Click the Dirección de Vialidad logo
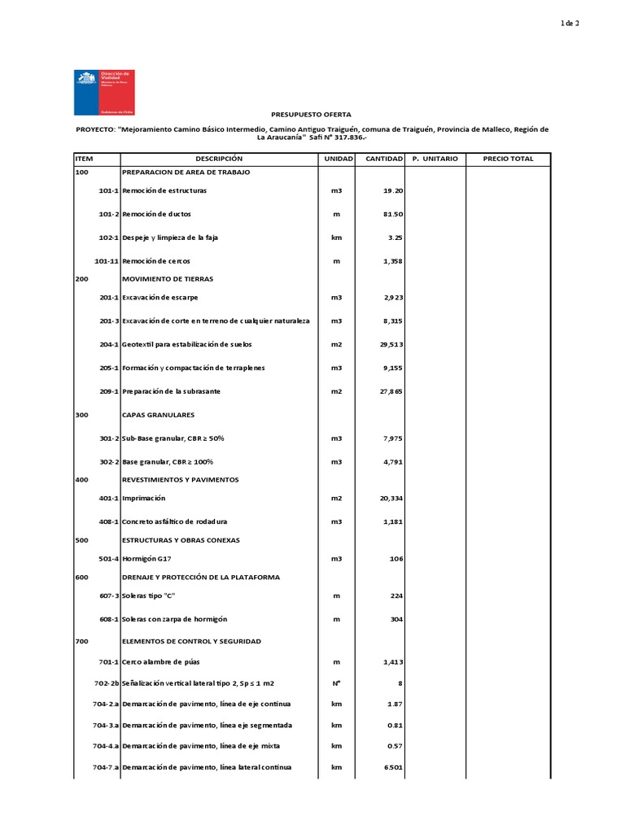(103, 92)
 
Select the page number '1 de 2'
(569, 24)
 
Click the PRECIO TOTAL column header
(508, 159)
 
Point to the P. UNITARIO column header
(435, 159)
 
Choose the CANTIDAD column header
(384, 159)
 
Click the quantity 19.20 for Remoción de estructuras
(393, 190)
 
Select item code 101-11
(107, 261)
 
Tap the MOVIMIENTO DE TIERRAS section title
(167, 279)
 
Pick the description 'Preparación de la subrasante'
(171, 391)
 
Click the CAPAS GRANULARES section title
(158, 415)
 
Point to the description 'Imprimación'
(143, 498)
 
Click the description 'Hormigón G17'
(146, 558)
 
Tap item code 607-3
(109, 595)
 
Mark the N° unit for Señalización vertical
(336, 683)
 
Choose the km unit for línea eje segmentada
(336, 725)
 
